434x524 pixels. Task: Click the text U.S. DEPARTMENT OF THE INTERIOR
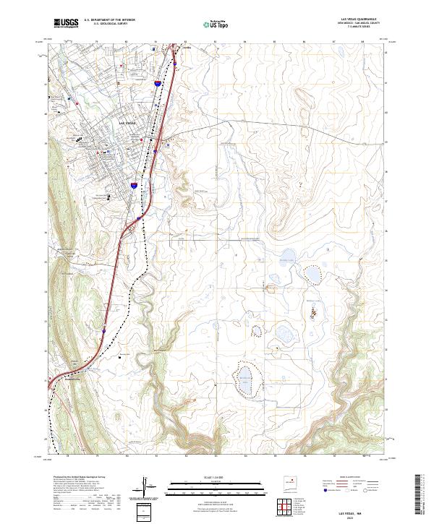point(109,20)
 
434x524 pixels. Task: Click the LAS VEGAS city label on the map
point(127,124)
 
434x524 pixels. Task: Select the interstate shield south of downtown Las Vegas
point(134,186)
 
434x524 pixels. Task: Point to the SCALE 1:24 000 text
point(217,478)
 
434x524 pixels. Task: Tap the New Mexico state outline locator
point(292,481)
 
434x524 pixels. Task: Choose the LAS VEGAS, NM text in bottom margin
point(356,510)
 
